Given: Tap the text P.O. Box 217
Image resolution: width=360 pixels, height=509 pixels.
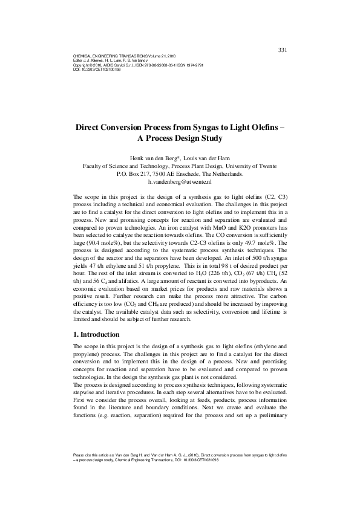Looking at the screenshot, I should coord(134,173).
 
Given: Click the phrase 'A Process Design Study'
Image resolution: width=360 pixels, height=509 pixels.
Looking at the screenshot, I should coord(180,139).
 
